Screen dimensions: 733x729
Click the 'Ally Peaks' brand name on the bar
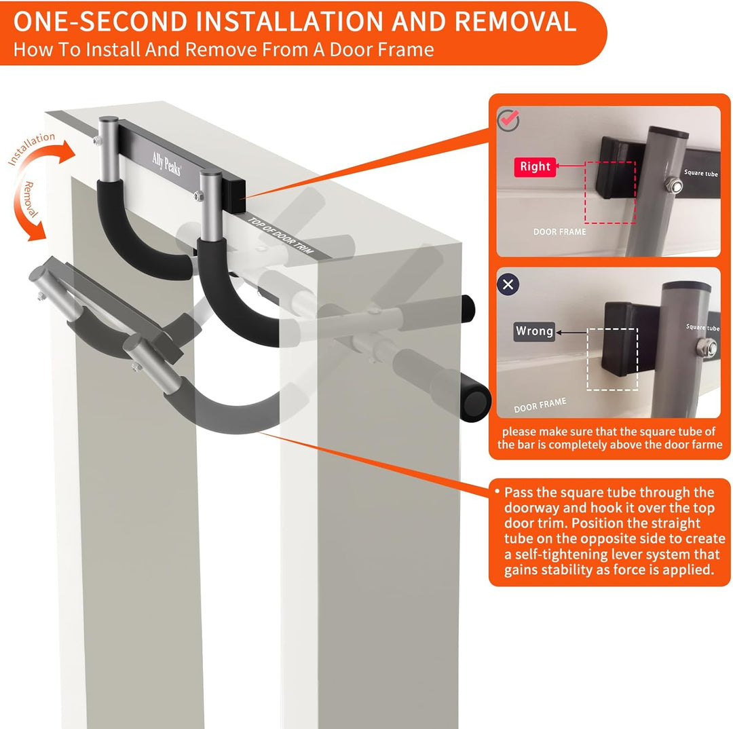pyautogui.click(x=166, y=163)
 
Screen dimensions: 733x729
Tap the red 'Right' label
pyautogui.click(x=535, y=167)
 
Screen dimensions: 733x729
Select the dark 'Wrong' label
pyautogui.click(x=534, y=331)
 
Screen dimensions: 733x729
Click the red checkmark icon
pyautogui.click(x=508, y=120)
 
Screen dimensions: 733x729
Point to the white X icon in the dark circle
pyautogui.click(x=508, y=284)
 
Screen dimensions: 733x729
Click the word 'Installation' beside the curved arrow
pyautogui.click(x=31, y=148)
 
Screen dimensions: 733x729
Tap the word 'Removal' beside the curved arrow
pyautogui.click(x=30, y=200)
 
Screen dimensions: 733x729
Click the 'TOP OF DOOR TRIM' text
pyautogui.click(x=280, y=236)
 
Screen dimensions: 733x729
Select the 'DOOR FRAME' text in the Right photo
pyautogui.click(x=559, y=231)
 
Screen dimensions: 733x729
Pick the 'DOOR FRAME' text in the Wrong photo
pyautogui.click(x=540, y=405)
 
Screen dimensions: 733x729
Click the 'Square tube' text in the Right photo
pyautogui.click(x=700, y=173)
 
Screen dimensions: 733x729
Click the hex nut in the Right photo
pyautogui.click(x=674, y=185)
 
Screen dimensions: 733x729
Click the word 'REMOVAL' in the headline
pyautogui.click(x=515, y=22)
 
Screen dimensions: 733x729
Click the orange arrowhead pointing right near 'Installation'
pyautogui.click(x=66, y=152)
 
